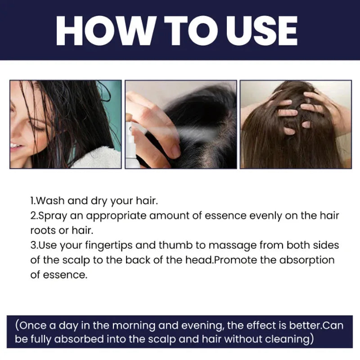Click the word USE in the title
coord(262,31)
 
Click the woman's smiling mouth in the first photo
coord(16,146)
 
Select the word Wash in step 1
coord(50,201)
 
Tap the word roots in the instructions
coord(43,230)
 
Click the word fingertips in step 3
coord(108,245)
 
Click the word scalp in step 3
coord(76,261)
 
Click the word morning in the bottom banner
coord(134,326)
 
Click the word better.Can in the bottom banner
coord(316,325)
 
